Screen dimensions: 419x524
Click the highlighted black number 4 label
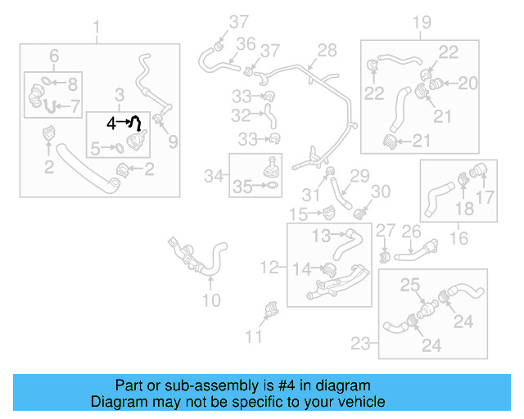[x=112, y=123]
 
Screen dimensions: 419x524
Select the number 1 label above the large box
[x=97, y=33]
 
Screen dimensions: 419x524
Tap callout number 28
[x=327, y=51]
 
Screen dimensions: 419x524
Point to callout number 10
[x=211, y=300]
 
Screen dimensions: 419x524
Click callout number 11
[x=255, y=336]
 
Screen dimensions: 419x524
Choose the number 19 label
[x=421, y=23]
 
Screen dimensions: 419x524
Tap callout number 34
[x=214, y=175]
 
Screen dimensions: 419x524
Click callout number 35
[x=242, y=187]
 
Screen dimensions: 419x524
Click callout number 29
[x=360, y=176]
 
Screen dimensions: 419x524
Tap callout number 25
[x=409, y=285]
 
